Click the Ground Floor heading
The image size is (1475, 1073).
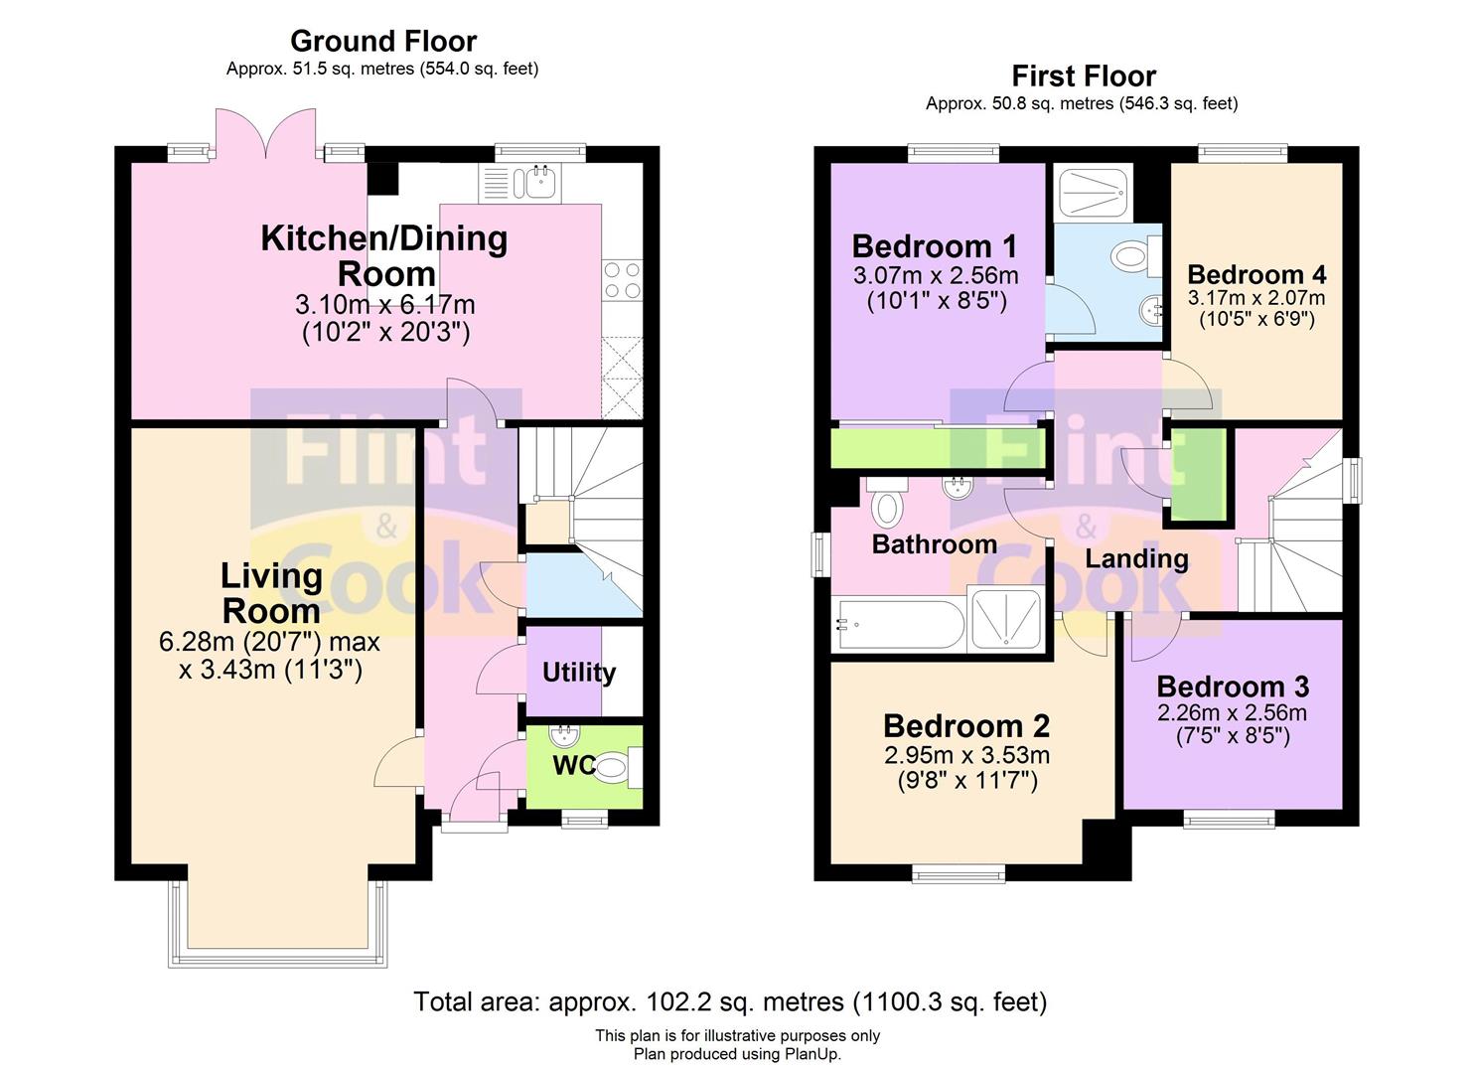pyautogui.click(x=383, y=42)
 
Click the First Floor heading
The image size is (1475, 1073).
pyautogui.click(x=1084, y=77)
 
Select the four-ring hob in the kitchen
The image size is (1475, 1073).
pyautogui.click(x=622, y=280)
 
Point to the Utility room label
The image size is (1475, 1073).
pyautogui.click(x=579, y=674)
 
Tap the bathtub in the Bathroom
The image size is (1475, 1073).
pyautogui.click(x=899, y=625)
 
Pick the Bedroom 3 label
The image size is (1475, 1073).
pyautogui.click(x=1233, y=687)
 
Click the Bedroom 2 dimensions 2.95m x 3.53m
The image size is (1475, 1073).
pyautogui.click(x=966, y=755)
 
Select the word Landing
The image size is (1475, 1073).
pyautogui.click(x=1136, y=559)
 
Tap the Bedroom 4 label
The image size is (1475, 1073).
pyautogui.click(x=1256, y=274)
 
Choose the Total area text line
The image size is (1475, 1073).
pyautogui.click(x=730, y=1001)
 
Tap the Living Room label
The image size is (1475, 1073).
pyautogui.click(x=271, y=593)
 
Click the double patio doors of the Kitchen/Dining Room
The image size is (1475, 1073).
pyautogui.click(x=266, y=134)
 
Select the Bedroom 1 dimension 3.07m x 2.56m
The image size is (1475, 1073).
pyautogui.click(x=936, y=275)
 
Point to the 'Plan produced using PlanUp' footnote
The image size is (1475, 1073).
pyautogui.click(x=737, y=1054)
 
